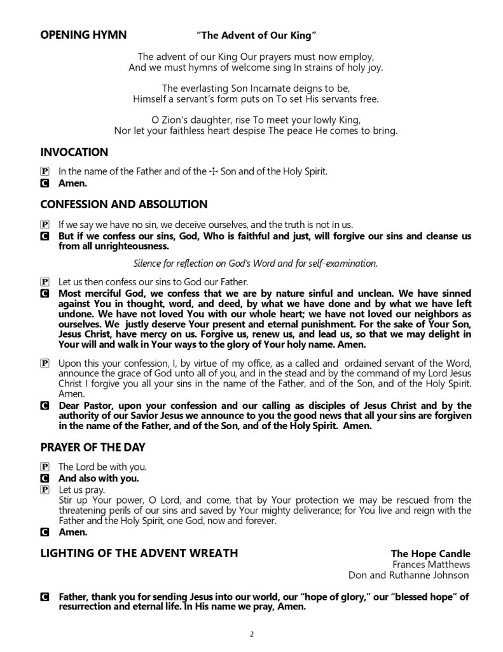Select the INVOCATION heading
74,152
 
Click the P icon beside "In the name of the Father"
45,171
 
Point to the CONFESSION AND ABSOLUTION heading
124,204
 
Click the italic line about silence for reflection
255,263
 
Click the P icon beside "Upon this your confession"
45,364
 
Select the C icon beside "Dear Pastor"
45,406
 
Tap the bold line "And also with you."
99,478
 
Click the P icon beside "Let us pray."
45,490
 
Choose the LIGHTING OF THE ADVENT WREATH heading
139,553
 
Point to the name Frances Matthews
431,564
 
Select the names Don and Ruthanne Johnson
409,575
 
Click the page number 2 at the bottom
252,634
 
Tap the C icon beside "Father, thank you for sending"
45,597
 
